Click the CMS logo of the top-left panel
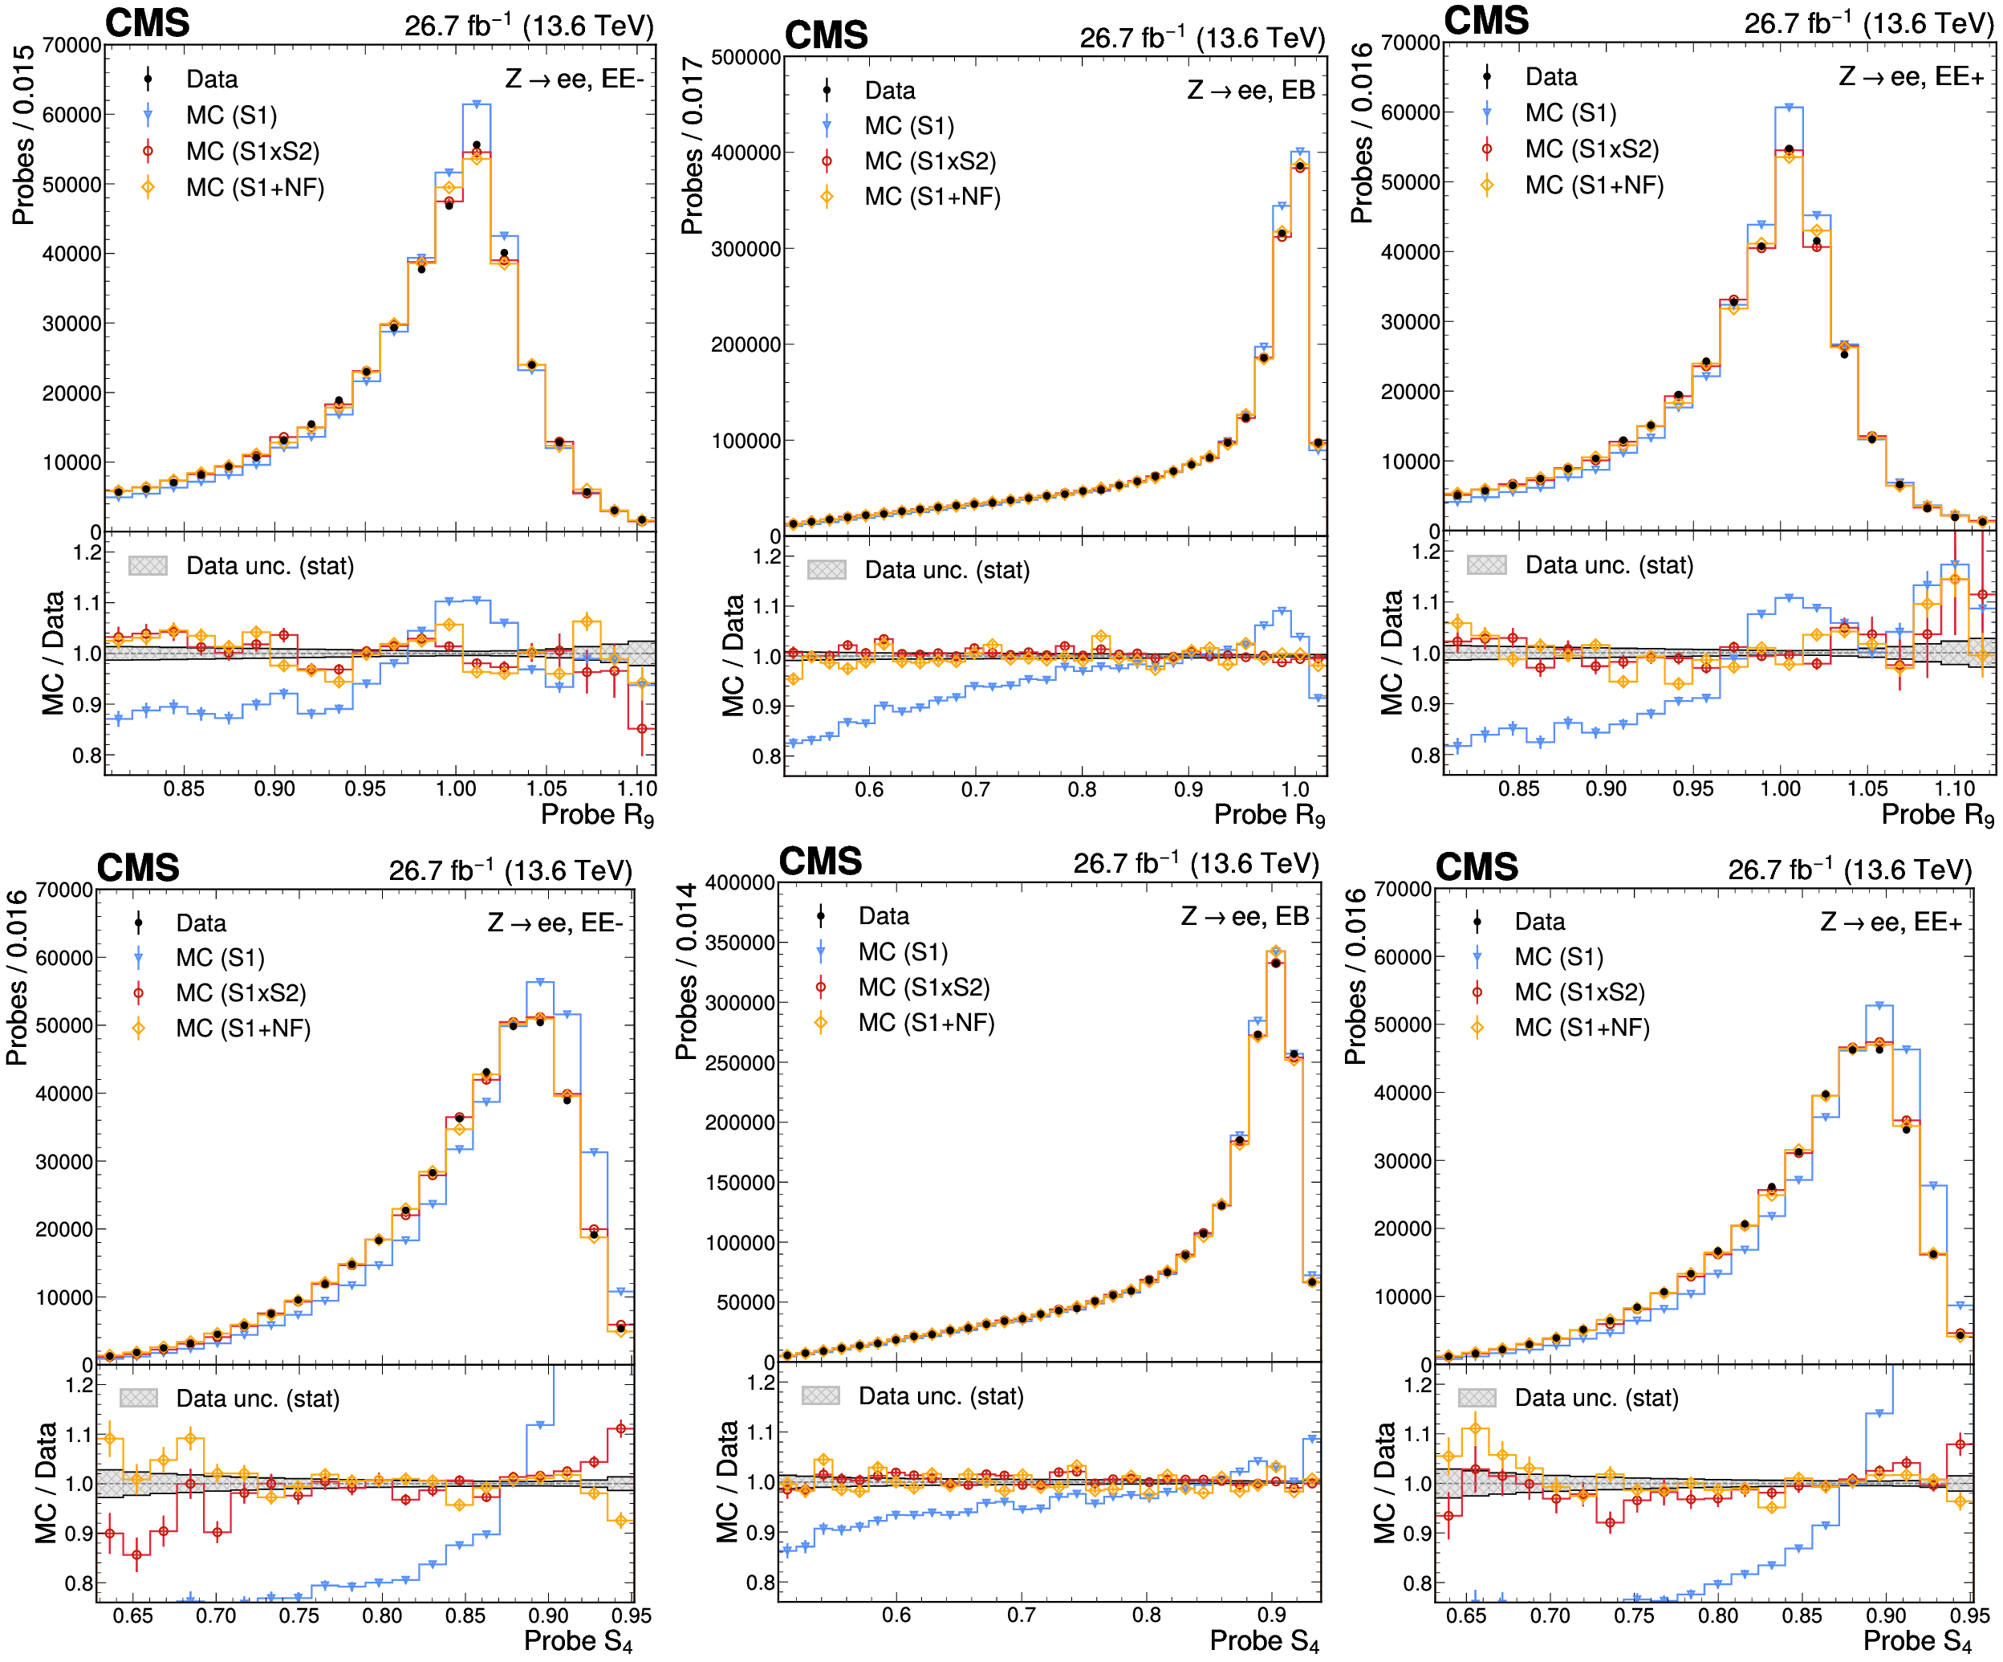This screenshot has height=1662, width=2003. click(147, 23)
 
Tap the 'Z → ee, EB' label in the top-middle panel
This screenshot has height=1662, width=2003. click(1251, 90)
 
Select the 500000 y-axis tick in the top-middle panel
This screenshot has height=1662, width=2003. click(746, 57)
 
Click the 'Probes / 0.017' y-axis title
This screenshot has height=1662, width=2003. click(692, 145)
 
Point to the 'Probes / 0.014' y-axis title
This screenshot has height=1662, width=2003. click(686, 972)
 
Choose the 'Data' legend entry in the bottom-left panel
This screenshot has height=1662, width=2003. click(201, 923)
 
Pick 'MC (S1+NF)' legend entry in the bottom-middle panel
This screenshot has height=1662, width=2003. click(926, 1023)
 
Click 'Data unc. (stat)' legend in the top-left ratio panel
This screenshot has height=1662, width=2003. click(270, 566)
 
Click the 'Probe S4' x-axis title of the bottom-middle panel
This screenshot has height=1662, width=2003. click(1265, 1641)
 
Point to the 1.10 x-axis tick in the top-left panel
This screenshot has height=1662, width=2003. click(637, 789)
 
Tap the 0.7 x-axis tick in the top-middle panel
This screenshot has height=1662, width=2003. click(976, 790)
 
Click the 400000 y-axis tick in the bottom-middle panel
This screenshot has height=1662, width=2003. click(740, 882)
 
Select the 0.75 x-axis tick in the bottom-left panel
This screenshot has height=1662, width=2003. click(299, 1615)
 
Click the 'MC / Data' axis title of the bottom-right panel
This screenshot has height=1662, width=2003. click(1385, 1483)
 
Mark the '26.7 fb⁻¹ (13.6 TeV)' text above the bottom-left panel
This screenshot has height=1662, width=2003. click(510, 870)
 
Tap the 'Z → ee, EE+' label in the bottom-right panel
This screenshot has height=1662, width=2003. click(1891, 922)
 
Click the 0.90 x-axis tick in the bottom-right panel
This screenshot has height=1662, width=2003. click(1886, 1615)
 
